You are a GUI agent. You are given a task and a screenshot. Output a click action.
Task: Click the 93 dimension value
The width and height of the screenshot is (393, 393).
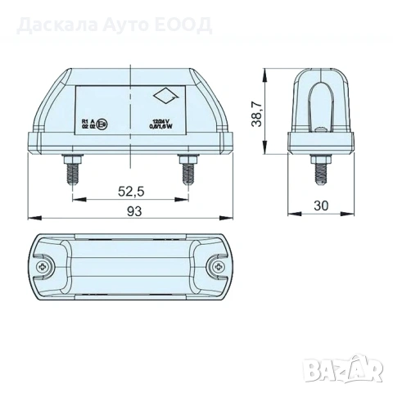pos(132,211)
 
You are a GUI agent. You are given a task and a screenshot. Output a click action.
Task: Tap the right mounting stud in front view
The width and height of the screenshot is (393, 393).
pos(187,171)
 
